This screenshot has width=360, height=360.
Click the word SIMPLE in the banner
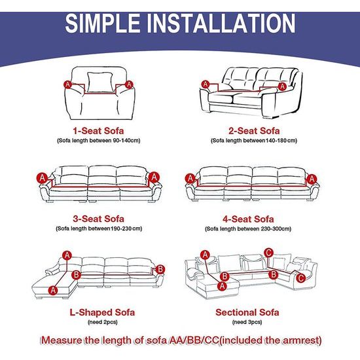(103, 23)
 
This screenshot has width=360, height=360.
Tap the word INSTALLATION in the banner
(221, 23)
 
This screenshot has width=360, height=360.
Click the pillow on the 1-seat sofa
(100, 82)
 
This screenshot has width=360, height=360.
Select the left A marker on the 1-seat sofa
(67, 84)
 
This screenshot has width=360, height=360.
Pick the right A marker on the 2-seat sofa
(282, 86)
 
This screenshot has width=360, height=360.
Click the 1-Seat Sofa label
(98, 131)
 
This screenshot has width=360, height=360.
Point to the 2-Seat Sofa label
(254, 131)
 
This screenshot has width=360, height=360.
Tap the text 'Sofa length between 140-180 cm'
(254, 140)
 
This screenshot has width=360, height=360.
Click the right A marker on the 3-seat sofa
(154, 177)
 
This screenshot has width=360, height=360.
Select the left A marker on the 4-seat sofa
(190, 178)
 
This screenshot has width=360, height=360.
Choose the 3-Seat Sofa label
(98, 219)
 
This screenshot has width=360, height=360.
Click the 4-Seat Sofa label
(248, 219)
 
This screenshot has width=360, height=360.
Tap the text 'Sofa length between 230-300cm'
(248, 228)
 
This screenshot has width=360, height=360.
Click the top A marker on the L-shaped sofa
(67, 255)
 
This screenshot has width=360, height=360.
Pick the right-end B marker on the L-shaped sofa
(160, 269)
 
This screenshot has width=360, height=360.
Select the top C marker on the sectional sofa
(268, 253)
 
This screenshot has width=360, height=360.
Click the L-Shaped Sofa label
(102, 312)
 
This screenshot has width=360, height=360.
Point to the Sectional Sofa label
(247, 312)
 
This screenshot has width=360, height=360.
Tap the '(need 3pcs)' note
(247, 322)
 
